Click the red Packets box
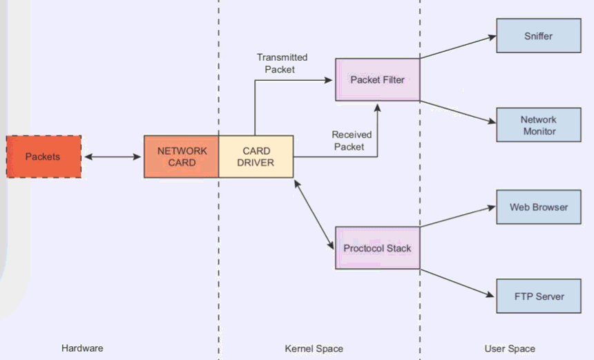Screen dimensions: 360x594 44,157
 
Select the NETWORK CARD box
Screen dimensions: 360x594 181,157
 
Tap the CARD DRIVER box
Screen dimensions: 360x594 256,157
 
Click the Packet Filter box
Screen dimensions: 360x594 377,79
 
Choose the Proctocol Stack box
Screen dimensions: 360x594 377,248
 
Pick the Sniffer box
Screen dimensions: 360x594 539,36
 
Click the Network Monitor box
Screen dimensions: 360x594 539,125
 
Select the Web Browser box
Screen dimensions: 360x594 539,207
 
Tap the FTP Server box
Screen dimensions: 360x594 539,296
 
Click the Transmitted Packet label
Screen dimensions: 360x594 282,64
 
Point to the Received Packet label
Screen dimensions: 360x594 352,141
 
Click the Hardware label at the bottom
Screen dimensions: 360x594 82,348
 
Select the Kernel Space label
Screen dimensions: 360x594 314,348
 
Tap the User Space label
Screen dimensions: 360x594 510,348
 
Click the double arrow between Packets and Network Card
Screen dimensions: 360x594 113,157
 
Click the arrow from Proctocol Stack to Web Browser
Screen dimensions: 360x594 458,216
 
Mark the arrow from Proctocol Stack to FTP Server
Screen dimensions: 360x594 458,283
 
